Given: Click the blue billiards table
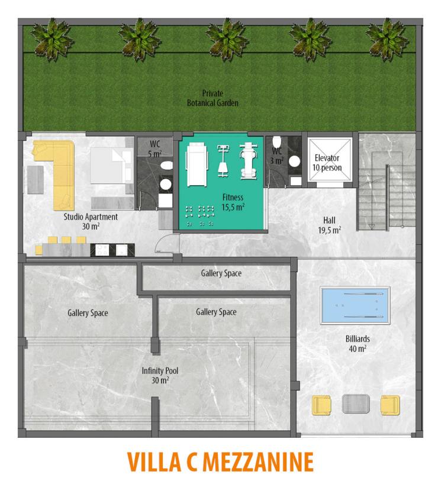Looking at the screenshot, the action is (355, 305).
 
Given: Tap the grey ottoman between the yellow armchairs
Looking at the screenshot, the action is (356, 404).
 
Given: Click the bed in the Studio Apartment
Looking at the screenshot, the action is (111, 165).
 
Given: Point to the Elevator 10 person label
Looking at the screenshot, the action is (327, 163).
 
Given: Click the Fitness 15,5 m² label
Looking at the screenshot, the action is (233, 202).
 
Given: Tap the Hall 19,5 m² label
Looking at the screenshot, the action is (329, 225).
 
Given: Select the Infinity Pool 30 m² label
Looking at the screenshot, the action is (160, 375).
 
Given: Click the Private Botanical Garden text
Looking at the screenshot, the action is (213, 98).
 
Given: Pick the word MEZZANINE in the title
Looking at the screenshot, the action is (258, 462).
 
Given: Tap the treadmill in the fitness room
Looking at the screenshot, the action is (197, 164).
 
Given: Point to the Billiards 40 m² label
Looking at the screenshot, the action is (358, 344).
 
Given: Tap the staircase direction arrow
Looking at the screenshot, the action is (372, 227).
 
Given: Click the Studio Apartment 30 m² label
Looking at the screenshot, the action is (91, 221).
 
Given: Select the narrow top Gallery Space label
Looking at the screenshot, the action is (221, 273).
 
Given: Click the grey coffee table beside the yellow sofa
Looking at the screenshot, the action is (35, 179).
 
